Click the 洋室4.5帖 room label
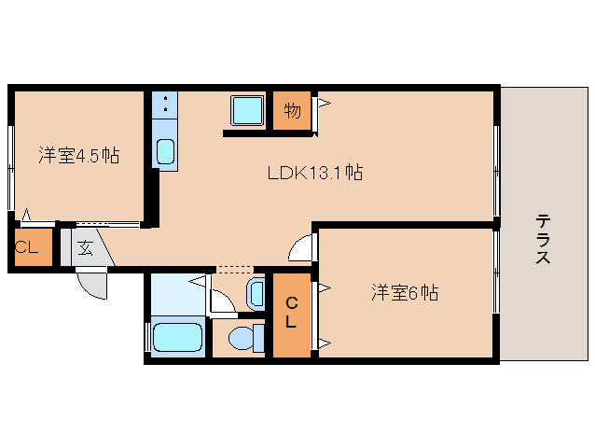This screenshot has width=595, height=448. tap(78, 155)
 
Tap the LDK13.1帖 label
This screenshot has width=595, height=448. tap(315, 173)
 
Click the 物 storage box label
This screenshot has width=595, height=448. tap(292, 112)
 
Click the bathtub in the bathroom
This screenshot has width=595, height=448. tap(177, 338)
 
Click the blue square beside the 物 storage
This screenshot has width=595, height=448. tap(248, 111)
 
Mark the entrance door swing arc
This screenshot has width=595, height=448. tap(93, 282)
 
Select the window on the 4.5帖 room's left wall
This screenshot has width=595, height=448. tap(11, 168)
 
